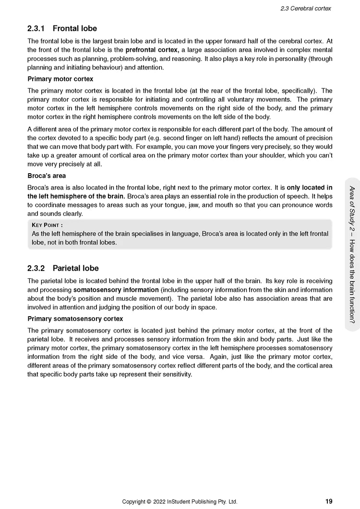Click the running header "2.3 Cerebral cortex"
[306, 8]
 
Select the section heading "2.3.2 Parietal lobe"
[63, 268]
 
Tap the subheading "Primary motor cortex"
[60, 79]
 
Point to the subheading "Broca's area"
[47, 176]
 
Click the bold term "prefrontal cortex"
[152, 50]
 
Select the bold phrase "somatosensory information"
[116, 290]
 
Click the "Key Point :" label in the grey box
[47, 225]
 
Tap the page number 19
[328, 501]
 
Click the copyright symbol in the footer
[149, 502]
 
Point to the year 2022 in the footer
[160, 502]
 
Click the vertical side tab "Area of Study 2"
[352, 210]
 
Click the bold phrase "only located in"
[309, 188]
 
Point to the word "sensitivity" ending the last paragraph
[177, 374]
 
